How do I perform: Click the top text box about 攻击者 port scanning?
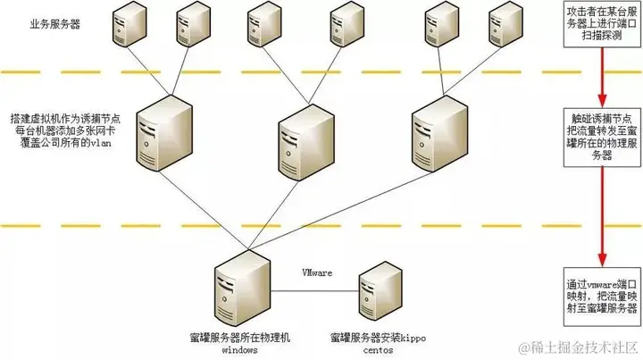(x=600, y=26)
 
